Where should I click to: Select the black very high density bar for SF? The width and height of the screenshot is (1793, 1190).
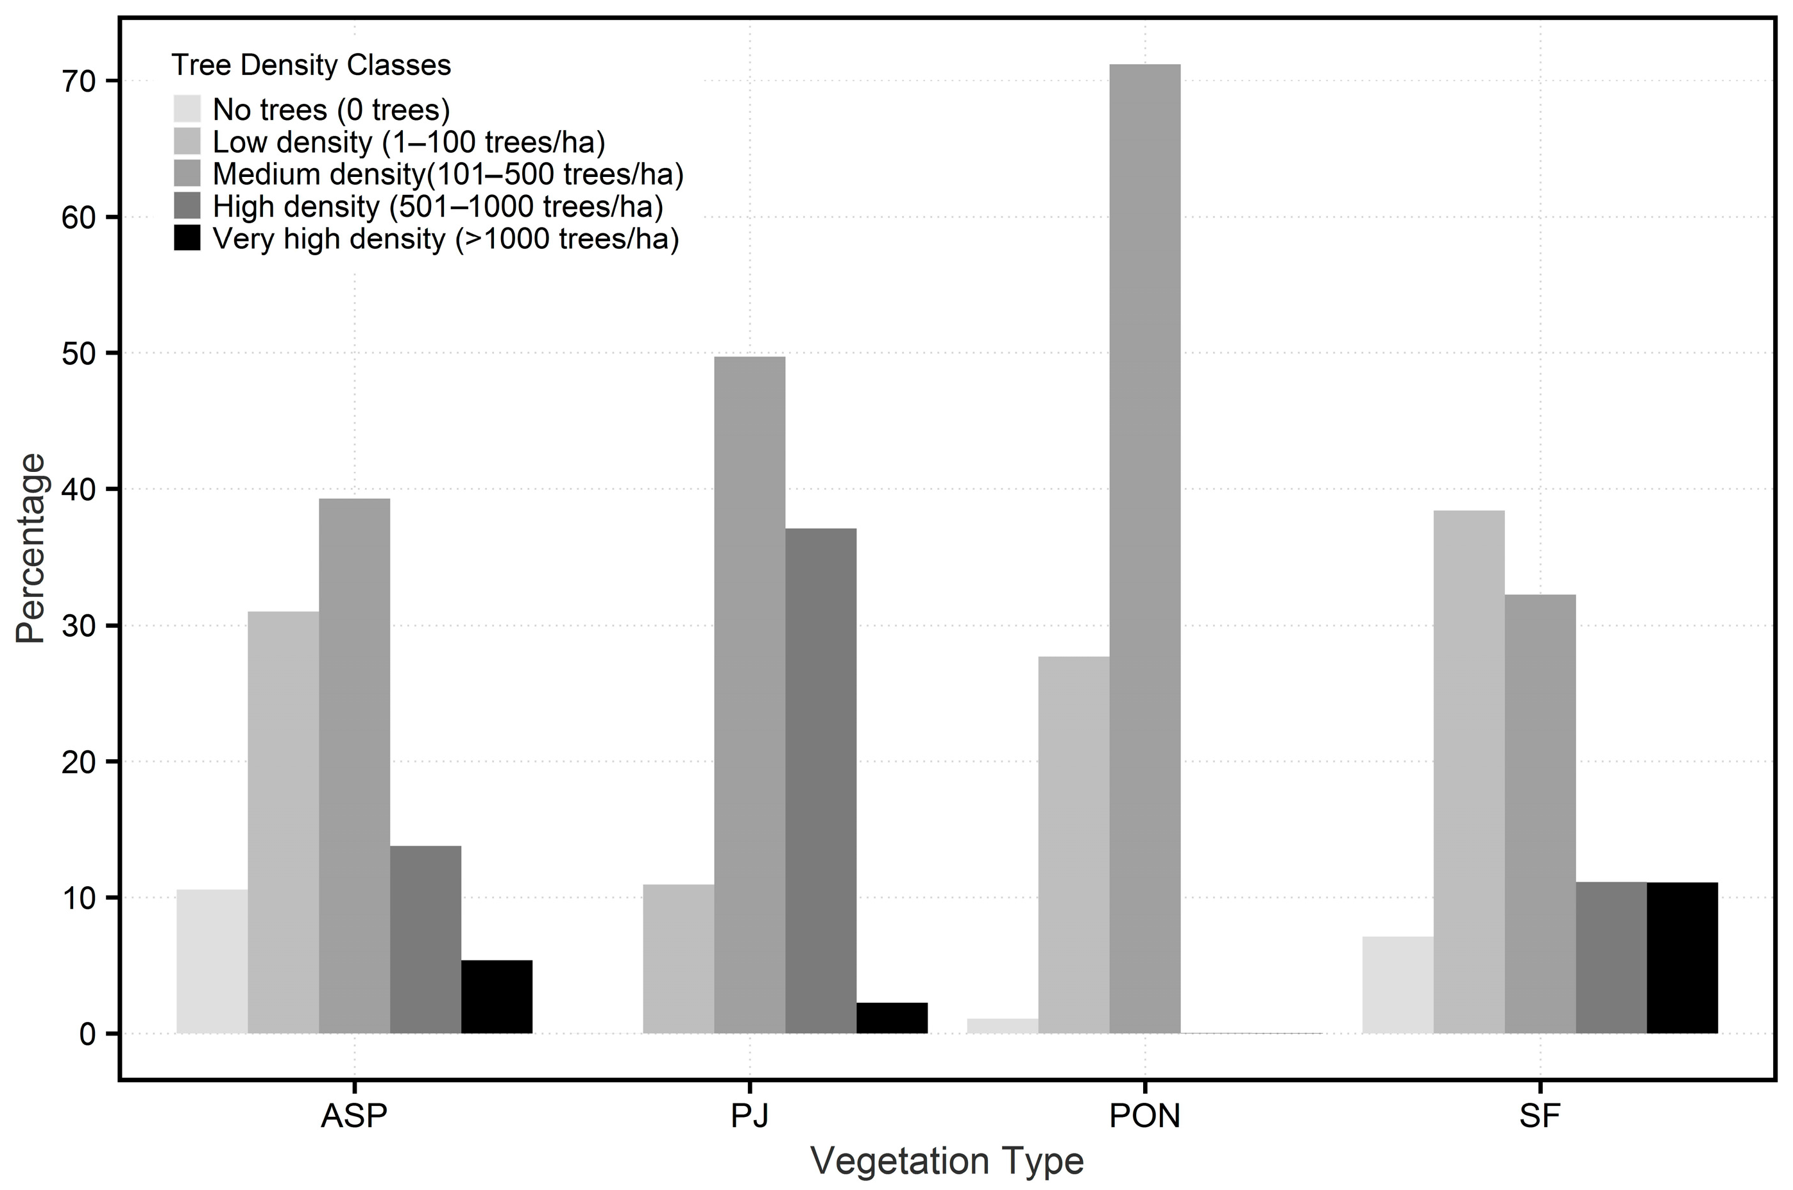pyautogui.click(x=1682, y=957)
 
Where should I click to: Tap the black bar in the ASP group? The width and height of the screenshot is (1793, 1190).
pyautogui.click(x=497, y=996)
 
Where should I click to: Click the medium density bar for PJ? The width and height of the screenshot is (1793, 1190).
pyautogui.click(x=749, y=694)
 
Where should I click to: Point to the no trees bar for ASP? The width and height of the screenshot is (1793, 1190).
pyautogui.click(x=212, y=961)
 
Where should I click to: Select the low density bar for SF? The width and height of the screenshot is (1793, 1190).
pyautogui.click(x=1469, y=771)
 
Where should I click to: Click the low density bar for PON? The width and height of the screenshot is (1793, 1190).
pyautogui.click(x=1073, y=844)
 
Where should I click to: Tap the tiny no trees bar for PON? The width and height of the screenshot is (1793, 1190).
pyautogui.click(x=1002, y=1025)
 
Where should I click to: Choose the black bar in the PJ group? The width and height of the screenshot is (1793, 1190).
pyautogui.click(x=892, y=1018)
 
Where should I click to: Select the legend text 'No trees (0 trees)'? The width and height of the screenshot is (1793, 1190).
pyautogui.click(x=331, y=110)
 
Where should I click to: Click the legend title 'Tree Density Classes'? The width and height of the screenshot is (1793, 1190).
pyautogui.click(x=311, y=65)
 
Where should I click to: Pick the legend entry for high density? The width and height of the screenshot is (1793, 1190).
pyautogui.click(x=438, y=206)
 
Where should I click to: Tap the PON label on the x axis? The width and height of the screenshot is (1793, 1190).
pyautogui.click(x=1144, y=1116)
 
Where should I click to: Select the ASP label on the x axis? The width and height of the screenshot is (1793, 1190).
pyautogui.click(x=353, y=1116)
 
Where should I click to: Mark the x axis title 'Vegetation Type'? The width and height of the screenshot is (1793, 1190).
pyautogui.click(x=947, y=1161)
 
